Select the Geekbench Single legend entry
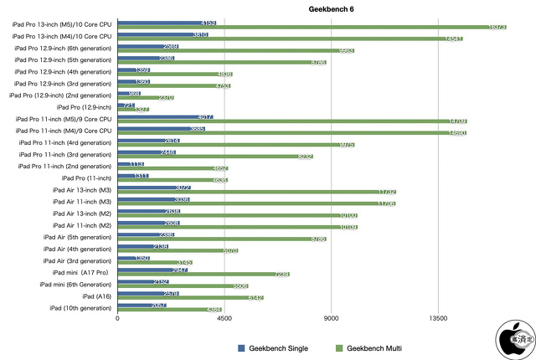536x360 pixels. click(x=274, y=347)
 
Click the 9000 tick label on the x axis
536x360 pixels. click(x=331, y=319)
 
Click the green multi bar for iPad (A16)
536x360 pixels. click(x=190, y=297)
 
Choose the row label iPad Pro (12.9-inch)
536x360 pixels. click(x=84, y=106)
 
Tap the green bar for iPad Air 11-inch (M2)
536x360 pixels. click(x=237, y=227)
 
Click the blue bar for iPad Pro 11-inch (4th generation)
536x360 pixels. click(x=149, y=141)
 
